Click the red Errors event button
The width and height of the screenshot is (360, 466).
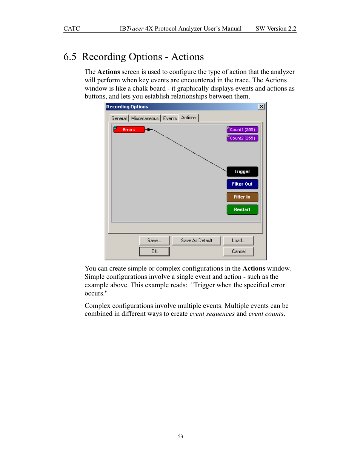(x=129, y=129)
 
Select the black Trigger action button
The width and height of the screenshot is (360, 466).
(x=242, y=172)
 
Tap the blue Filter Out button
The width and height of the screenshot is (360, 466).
(x=242, y=184)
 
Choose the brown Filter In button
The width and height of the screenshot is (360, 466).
(x=242, y=197)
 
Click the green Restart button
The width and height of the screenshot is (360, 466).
(x=242, y=209)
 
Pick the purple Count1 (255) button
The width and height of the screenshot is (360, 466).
(x=242, y=129)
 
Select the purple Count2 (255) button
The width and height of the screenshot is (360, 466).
(x=242, y=138)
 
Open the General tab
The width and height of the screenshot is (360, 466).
(x=119, y=118)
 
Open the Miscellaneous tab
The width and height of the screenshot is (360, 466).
(x=145, y=118)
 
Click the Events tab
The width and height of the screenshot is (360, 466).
(x=170, y=118)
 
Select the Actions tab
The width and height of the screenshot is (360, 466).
(x=188, y=118)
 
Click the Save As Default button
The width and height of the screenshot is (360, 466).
(x=196, y=240)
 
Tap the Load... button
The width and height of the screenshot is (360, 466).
(x=238, y=240)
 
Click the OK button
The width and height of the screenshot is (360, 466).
(x=154, y=251)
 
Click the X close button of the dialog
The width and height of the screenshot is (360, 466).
(x=262, y=107)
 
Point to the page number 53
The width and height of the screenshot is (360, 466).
(x=180, y=437)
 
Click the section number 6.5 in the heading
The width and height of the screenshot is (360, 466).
(x=70, y=57)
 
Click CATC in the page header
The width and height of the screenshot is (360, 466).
(x=72, y=29)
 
